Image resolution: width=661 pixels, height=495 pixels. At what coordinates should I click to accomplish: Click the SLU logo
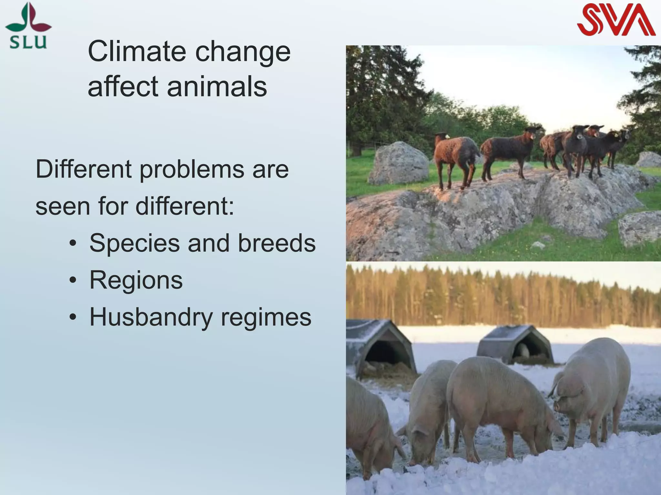coord(28,26)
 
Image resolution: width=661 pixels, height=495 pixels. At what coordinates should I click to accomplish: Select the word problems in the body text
coord(192,170)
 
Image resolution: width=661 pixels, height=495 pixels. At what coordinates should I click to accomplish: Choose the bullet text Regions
coord(136,280)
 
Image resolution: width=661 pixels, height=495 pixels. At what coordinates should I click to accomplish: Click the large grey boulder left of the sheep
coord(398,164)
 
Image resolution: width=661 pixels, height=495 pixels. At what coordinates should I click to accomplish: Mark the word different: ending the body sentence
coord(184,206)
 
